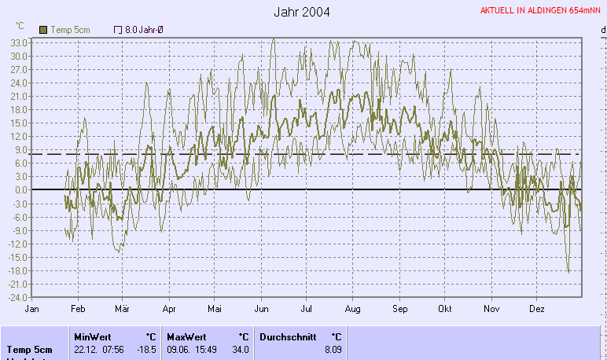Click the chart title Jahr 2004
[x=303, y=12]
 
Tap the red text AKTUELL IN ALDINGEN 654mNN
[x=542, y=11]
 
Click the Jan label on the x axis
[x=32, y=309]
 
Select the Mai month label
[x=215, y=309]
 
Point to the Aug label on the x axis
[x=352, y=309]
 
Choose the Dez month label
[x=537, y=309]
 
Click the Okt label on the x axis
[x=446, y=309]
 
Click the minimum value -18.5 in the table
[x=145, y=350]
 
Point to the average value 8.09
[x=333, y=350]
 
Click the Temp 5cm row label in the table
[x=30, y=350]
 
